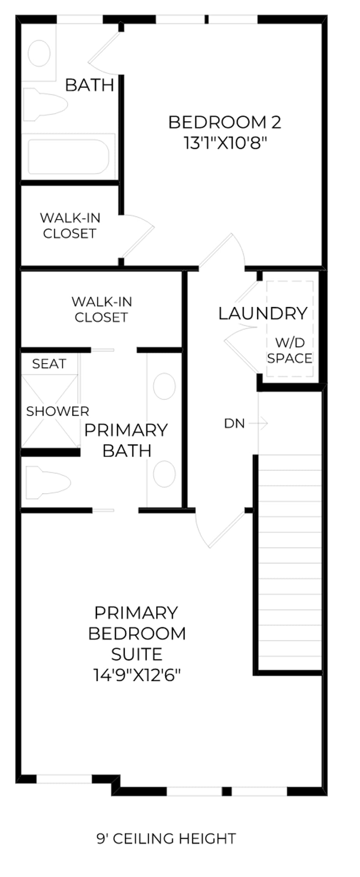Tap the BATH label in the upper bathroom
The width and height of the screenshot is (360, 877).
tap(90, 85)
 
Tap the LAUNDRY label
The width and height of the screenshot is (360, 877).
tap(263, 313)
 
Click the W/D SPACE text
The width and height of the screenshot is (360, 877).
tap(290, 350)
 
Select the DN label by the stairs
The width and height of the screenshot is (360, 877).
tap(234, 423)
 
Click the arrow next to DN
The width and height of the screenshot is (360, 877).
tap(258, 423)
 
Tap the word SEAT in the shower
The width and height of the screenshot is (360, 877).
tap(49, 364)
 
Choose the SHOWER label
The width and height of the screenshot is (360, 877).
tap(57, 411)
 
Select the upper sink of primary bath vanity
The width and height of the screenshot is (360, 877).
tap(164, 386)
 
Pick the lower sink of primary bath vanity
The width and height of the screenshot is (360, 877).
tap(164, 474)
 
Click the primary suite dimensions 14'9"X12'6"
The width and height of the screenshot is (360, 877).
tap(137, 675)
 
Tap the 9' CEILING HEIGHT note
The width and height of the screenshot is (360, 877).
tap(166, 838)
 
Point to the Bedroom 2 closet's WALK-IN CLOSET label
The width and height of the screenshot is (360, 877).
tap(70, 225)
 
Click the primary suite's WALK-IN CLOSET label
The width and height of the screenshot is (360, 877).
tap(102, 309)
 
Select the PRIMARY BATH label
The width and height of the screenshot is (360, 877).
tap(126, 440)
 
